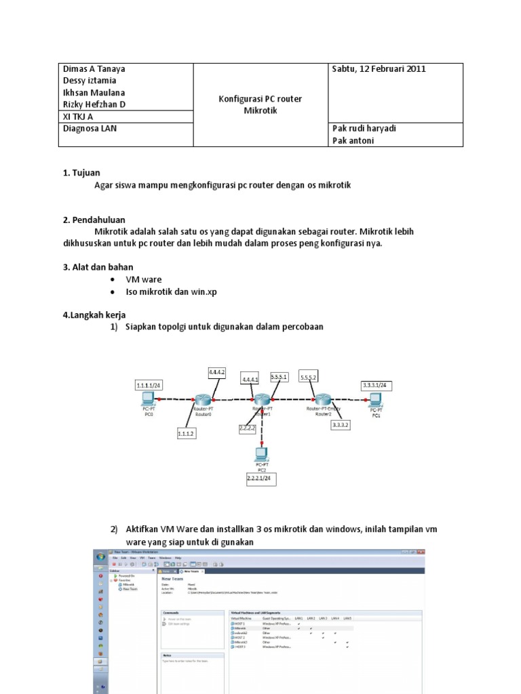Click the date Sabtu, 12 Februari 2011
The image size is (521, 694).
click(379, 69)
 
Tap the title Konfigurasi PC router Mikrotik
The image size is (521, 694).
click(260, 104)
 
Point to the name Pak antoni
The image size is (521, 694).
click(353, 140)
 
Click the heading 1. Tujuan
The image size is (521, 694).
click(81, 173)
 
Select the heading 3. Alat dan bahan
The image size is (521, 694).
click(98, 266)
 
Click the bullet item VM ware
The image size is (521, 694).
click(144, 279)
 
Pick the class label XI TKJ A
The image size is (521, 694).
click(79, 117)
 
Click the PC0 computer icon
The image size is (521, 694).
click(148, 399)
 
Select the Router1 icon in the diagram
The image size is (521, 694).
click(262, 400)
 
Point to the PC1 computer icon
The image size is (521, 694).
click(375, 399)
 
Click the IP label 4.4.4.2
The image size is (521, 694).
click(216, 373)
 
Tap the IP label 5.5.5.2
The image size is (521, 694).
click(309, 377)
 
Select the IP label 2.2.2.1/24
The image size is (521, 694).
click(261, 479)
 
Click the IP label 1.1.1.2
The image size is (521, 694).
click(187, 432)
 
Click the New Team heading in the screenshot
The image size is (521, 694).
click(173, 579)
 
